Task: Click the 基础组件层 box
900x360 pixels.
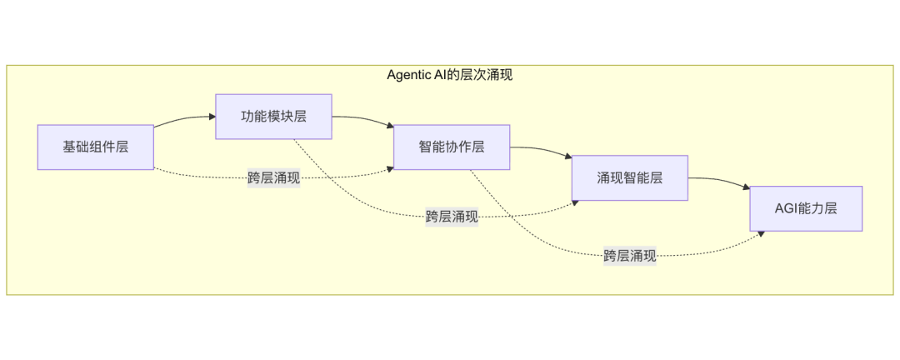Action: [95, 147]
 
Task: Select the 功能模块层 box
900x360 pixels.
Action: [273, 116]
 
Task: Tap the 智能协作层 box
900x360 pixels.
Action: [451, 147]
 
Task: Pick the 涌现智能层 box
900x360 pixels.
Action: [629, 177]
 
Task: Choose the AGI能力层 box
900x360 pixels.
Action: [806, 208]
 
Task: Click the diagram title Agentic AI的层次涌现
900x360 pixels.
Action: [449, 75]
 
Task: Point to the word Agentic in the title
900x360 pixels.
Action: [410, 75]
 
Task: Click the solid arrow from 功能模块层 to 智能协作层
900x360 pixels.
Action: [362, 118]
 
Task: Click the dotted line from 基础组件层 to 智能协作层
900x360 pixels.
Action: [200, 175]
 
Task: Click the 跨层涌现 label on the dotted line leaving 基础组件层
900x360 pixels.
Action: [273, 177]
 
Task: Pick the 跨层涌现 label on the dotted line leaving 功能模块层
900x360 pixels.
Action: [452, 217]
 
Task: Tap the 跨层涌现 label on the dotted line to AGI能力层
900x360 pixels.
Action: [630, 256]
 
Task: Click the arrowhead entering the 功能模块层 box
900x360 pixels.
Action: [211, 117]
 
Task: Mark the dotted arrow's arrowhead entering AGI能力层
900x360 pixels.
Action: [760, 235]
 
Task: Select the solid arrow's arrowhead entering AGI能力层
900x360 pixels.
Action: [745, 189]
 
